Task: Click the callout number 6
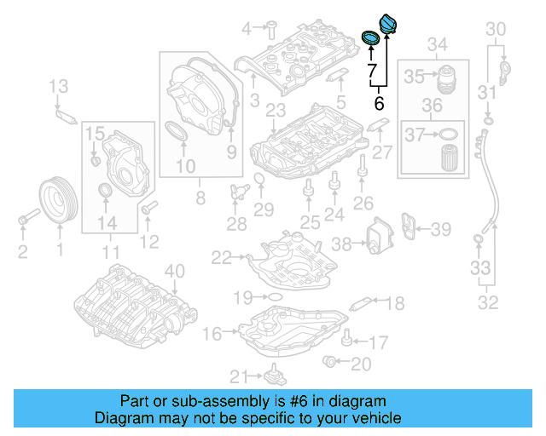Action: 380,104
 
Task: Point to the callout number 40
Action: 174,272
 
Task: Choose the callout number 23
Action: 276,111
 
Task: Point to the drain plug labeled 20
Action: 331,364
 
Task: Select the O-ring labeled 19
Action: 274,297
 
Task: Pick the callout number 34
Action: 438,43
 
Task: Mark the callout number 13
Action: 57,85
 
